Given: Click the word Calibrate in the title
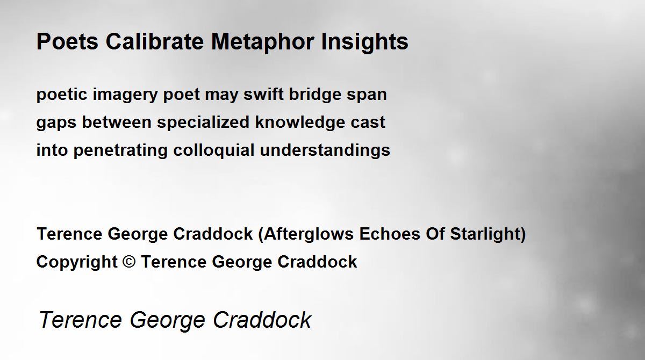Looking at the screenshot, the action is point(155,41).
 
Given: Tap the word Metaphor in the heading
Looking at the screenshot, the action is point(262,42).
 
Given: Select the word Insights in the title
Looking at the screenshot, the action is point(364,42).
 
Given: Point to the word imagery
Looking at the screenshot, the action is point(125,95).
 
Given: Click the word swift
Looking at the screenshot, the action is point(263,94).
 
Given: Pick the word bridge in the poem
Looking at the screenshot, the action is point(315,95).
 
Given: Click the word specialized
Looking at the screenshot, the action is point(203,123).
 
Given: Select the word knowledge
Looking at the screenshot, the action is point(300,123).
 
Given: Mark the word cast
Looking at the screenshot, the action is point(368,123).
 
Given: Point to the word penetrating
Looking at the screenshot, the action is point(120,151).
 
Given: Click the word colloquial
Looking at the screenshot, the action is point(214,151).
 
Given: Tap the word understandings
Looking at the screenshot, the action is point(325,151).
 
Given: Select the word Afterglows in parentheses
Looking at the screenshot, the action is point(309,234).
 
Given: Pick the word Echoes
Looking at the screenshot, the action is point(390,234).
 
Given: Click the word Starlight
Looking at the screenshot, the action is point(485,234).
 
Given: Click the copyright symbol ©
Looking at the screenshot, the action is point(128,262).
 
